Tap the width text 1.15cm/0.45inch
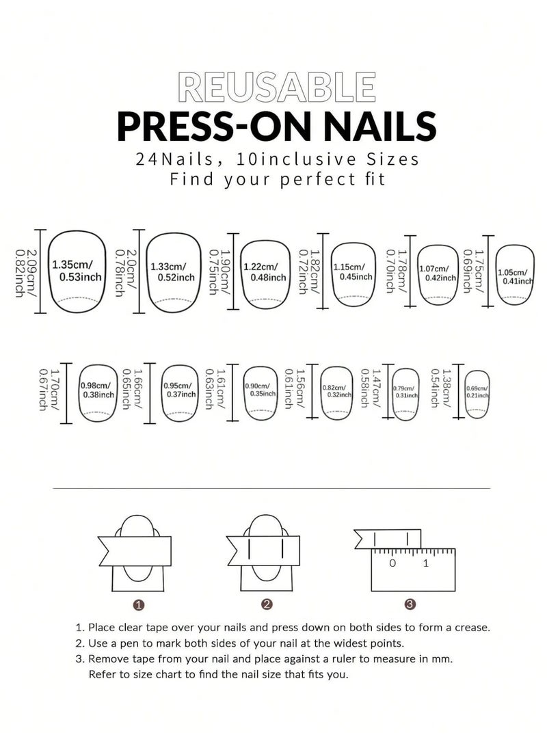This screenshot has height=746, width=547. (353, 271)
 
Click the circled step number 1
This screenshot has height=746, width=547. (139, 604)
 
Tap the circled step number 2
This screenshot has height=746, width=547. (267, 604)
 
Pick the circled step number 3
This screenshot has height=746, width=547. (410, 604)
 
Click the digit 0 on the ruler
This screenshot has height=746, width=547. (392, 563)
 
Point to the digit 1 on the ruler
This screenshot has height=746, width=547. (426, 563)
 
